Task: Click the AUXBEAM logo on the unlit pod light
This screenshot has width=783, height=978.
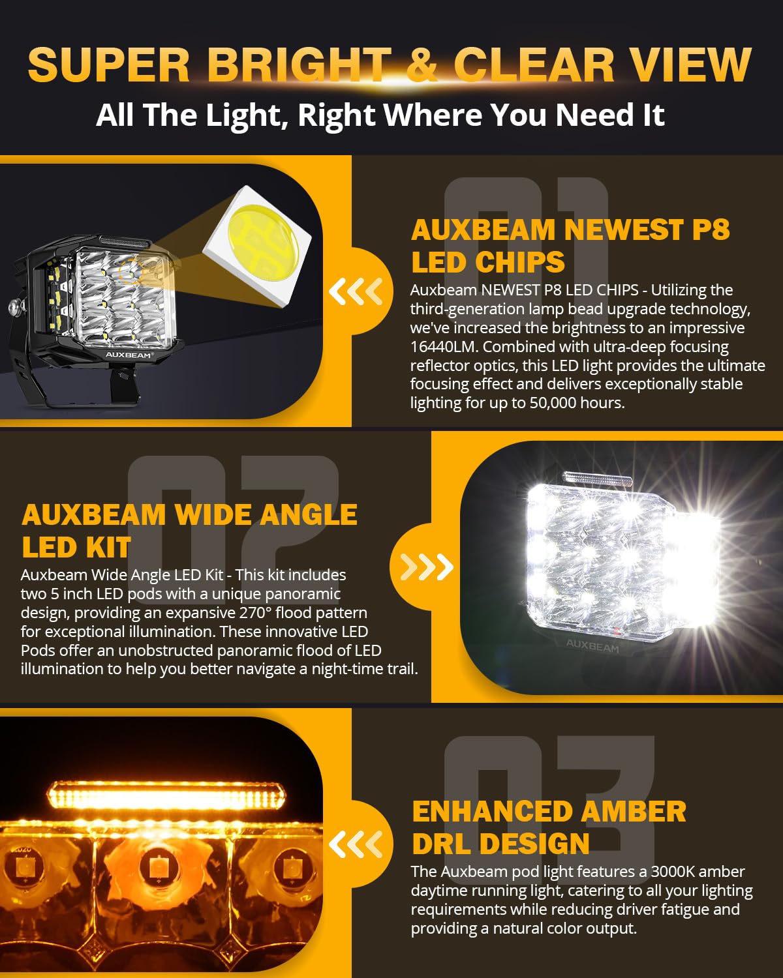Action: (x=129, y=355)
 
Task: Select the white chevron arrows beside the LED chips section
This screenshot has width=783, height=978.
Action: (x=356, y=291)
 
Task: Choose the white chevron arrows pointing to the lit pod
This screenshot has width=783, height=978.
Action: (x=427, y=567)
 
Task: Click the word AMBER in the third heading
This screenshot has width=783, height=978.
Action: (x=633, y=812)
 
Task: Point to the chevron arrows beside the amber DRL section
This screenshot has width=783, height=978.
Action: (x=356, y=845)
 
